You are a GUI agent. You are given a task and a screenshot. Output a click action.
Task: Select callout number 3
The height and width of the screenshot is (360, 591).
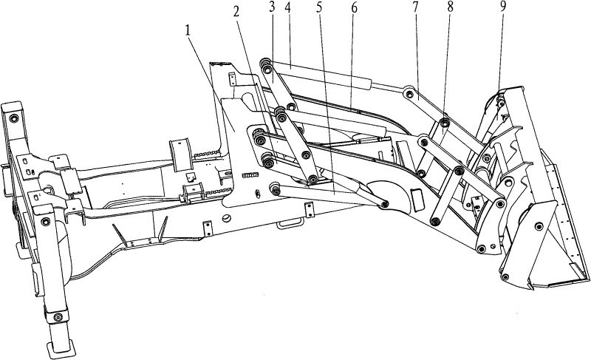pyautogui.click(x=273, y=8)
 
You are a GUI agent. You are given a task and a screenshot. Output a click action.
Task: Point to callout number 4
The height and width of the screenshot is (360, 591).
pyautogui.click(x=288, y=8)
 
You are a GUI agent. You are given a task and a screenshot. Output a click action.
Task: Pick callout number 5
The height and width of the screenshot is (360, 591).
pyautogui.click(x=320, y=8)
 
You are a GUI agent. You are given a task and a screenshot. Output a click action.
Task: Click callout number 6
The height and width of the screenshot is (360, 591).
pyautogui.click(x=354, y=8)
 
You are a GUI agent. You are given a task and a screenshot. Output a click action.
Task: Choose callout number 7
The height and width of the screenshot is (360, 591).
pyautogui.click(x=415, y=8)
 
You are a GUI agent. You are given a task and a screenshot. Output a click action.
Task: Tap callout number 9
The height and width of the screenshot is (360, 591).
pyautogui.click(x=503, y=8)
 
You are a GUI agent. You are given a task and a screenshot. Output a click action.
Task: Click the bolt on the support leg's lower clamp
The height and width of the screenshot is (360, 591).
pyautogui.click(x=58, y=317)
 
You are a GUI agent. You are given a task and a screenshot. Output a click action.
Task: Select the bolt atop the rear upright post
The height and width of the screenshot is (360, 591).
pyautogui.click(x=14, y=118)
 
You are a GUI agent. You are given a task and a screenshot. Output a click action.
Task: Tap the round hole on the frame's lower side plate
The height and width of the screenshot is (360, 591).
pyautogui.click(x=226, y=217)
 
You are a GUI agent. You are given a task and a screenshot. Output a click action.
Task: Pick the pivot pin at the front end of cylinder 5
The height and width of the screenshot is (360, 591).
pyautogui.click(x=384, y=204)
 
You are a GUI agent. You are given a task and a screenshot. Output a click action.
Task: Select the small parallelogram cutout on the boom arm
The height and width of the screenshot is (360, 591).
pyautogui.click(x=417, y=200)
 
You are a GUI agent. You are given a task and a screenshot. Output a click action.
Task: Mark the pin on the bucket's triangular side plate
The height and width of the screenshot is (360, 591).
pyautogui.click(x=539, y=226)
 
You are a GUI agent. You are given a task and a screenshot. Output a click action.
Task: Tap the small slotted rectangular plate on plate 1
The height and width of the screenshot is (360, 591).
pyautogui.click(x=250, y=175)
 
